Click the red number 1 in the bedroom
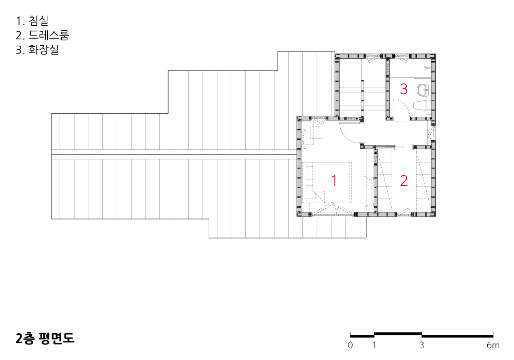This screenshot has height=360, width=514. pyautogui.click(x=334, y=181)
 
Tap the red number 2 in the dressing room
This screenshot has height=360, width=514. pyautogui.click(x=404, y=181)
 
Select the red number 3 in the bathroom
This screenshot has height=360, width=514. pyautogui.click(x=404, y=89)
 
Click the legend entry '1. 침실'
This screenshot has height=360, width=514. pyautogui.click(x=32, y=21)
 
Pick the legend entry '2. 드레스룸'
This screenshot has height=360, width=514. pyautogui.click(x=42, y=35)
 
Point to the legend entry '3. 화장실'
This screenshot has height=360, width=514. pyautogui.click(x=37, y=49)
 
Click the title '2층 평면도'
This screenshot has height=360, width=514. pyautogui.click(x=45, y=338)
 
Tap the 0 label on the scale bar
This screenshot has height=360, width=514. pyautogui.click(x=351, y=345)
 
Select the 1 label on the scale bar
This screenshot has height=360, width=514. pyautogui.click(x=374, y=345)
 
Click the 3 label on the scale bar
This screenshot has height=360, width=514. pyautogui.click(x=421, y=345)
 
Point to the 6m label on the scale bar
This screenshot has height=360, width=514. pyautogui.click(x=493, y=345)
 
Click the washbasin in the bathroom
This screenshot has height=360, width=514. pyautogui.click(x=423, y=89)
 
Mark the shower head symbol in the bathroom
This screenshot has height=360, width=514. pyautogui.click(x=427, y=68)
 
